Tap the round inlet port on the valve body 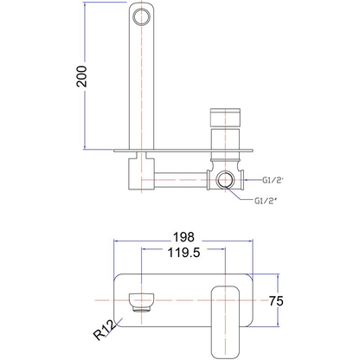point(227,180)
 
